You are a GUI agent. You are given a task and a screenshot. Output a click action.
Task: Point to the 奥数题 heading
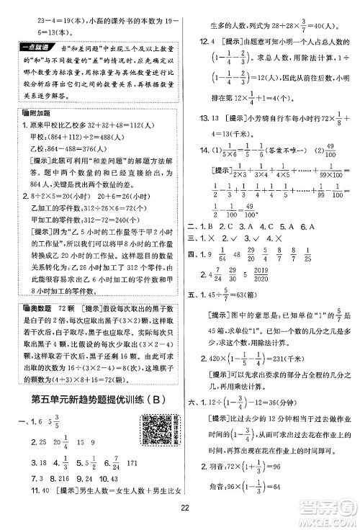[30, 287]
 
